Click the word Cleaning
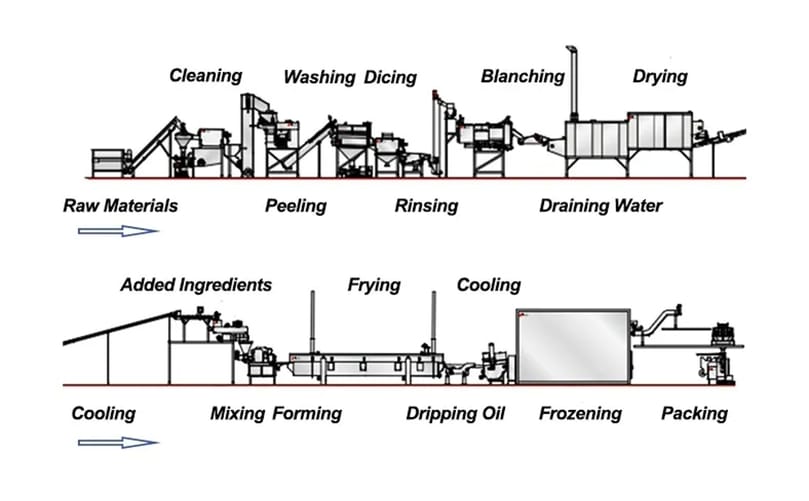point(205,75)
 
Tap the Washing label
point(319,77)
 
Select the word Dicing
point(390,77)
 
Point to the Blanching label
point(522,76)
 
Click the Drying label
point(660,76)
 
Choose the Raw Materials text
point(120,206)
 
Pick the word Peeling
point(295,206)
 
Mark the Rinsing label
point(426,206)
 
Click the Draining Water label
point(600,206)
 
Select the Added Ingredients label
point(196,285)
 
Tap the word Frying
point(373,285)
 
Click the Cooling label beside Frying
point(488,285)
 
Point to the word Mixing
point(238,413)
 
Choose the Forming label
point(307,413)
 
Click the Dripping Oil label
point(456,413)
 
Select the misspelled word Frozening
point(580,413)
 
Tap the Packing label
point(694,413)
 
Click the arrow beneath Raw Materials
point(118,232)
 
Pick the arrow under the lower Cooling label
point(118,441)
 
